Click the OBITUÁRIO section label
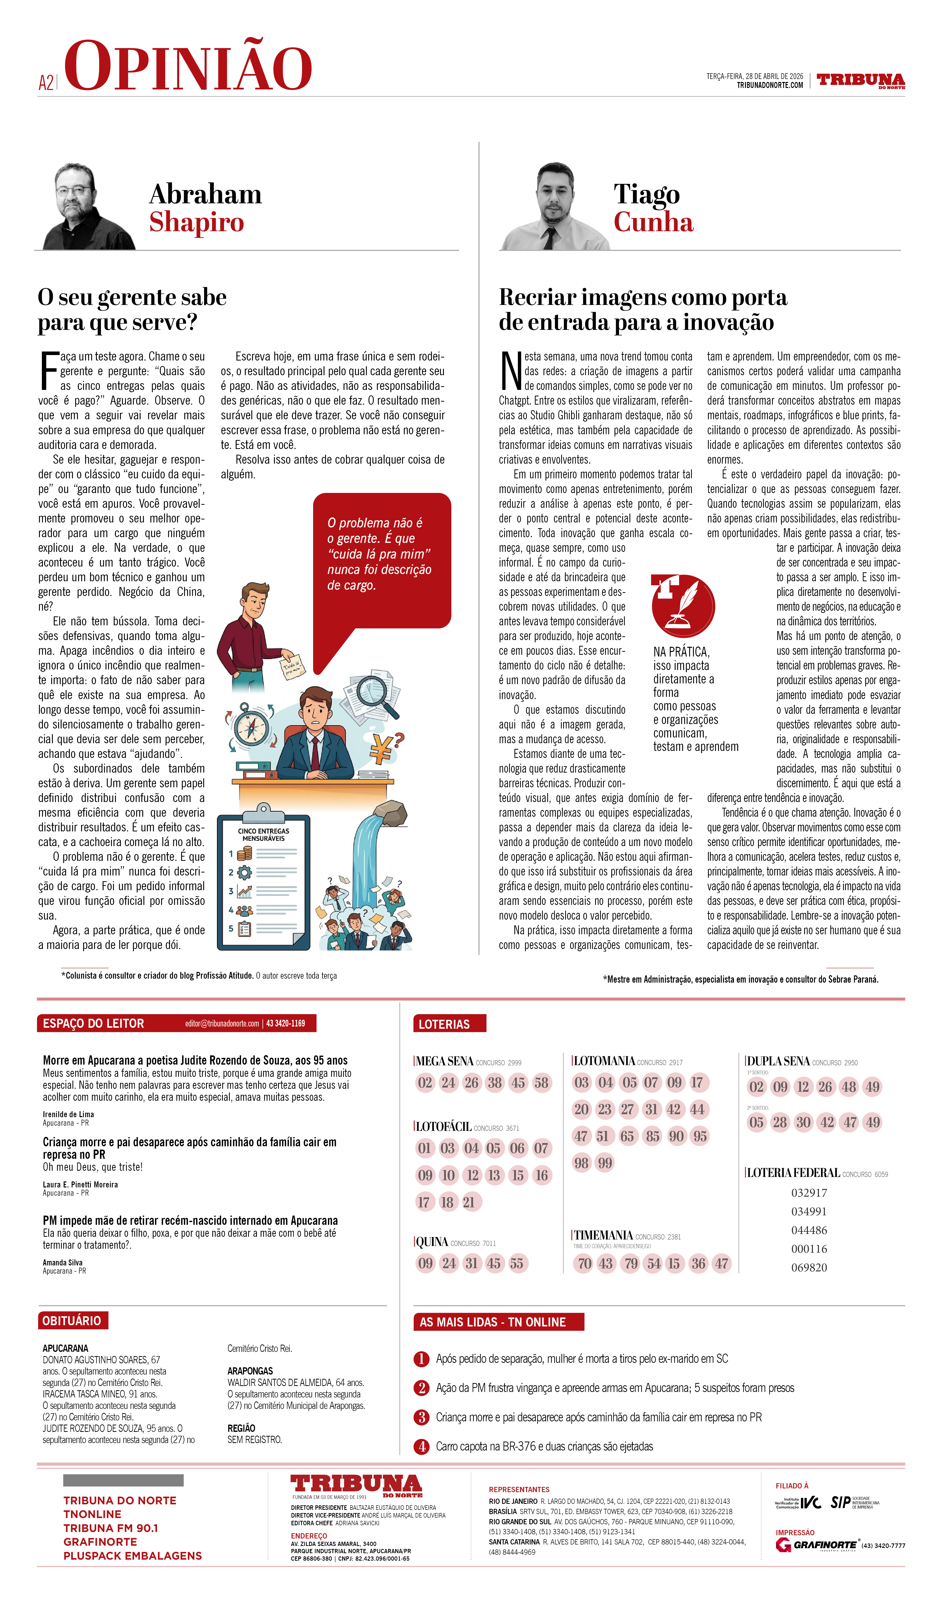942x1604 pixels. pos(72,1321)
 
